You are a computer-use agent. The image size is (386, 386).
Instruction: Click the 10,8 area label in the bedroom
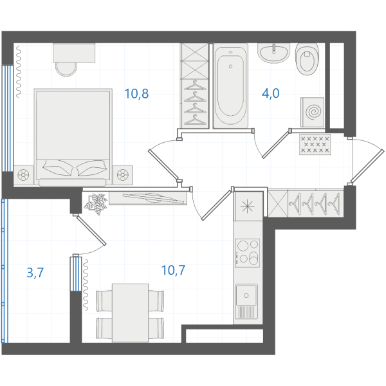point(136,94)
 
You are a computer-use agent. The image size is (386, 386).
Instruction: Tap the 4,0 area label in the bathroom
point(271,93)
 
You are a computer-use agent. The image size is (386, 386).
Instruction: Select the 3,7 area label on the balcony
point(35,273)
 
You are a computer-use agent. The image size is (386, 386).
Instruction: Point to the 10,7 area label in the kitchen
point(173,270)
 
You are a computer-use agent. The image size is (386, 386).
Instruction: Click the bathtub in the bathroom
point(231,86)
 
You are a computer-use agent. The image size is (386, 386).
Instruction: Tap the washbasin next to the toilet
point(273,53)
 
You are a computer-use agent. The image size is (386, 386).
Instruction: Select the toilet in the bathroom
point(307,59)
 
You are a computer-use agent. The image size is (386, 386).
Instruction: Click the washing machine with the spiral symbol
point(312,112)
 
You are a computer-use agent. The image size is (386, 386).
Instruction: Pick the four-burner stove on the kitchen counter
point(247,253)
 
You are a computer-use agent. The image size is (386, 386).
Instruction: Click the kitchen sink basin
point(246,295)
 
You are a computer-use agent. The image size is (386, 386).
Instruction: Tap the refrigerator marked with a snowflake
point(248,206)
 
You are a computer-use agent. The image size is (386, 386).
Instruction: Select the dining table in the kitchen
point(130,313)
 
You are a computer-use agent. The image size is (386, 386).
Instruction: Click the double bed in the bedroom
point(73,137)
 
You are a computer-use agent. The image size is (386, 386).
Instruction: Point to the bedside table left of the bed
point(23,175)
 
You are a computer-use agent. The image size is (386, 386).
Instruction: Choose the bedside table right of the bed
point(123,175)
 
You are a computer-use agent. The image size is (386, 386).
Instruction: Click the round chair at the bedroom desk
point(66,69)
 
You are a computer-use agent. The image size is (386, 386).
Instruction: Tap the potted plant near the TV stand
point(96,204)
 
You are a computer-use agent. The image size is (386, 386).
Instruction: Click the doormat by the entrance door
point(315,144)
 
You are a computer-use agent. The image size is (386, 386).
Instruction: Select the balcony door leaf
point(91,230)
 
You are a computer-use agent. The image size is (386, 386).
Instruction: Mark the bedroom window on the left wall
point(7,118)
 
